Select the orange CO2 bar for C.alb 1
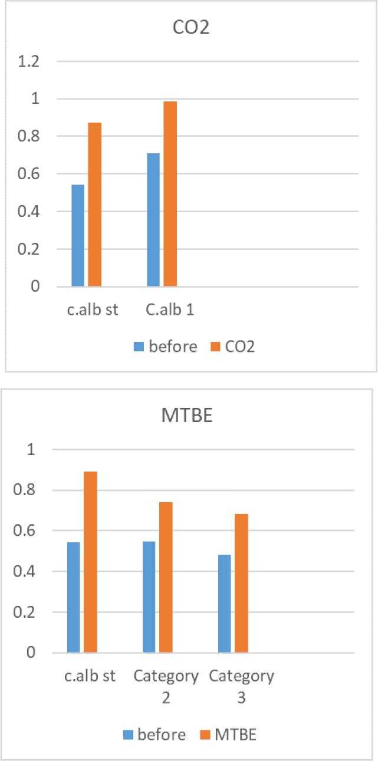coord(170,194)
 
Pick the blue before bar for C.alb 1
coord(153,220)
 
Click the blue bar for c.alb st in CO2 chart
coord(78,236)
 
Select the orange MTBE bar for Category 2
coord(166,577)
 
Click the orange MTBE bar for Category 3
coord(241,583)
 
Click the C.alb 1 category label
coord(170,310)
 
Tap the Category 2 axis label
coord(166,686)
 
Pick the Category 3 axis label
coord(241,686)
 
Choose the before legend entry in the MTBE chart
coord(155,734)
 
